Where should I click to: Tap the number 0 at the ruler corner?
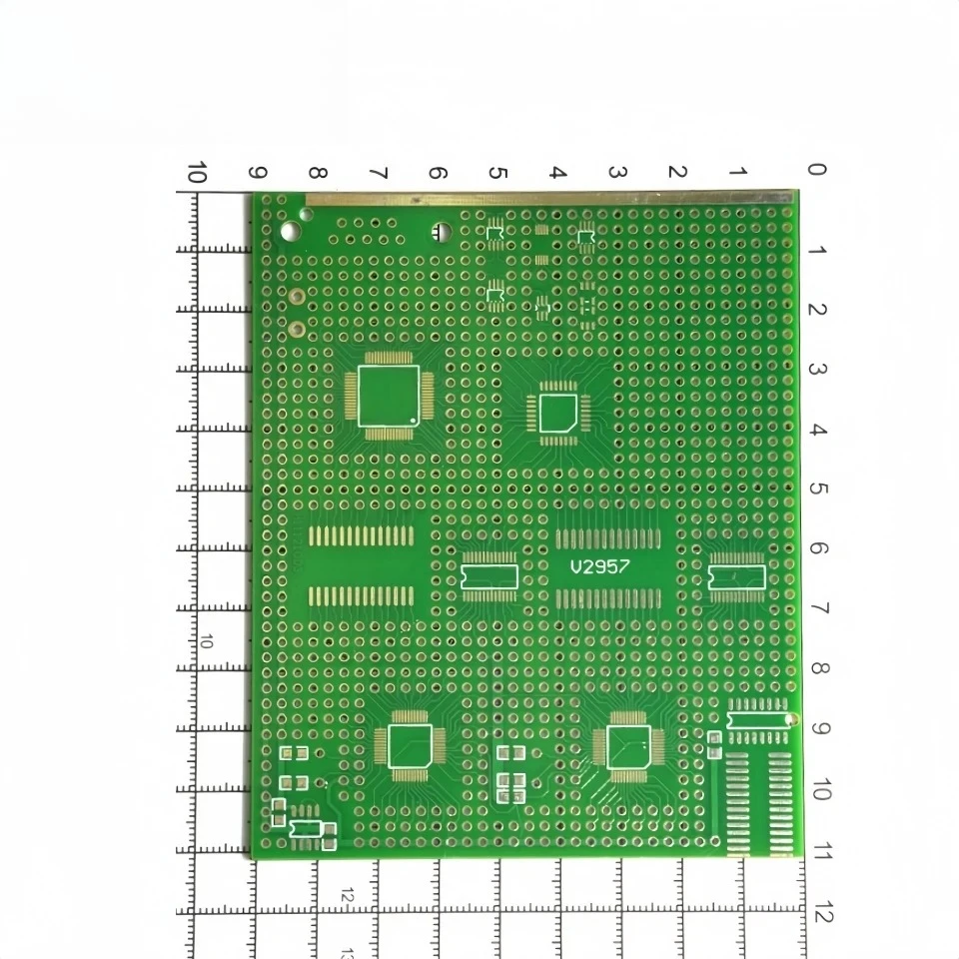point(816,171)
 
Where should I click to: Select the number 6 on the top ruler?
point(437,173)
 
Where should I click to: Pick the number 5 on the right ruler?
point(817,489)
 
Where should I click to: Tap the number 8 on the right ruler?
point(818,668)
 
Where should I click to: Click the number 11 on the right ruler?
point(820,852)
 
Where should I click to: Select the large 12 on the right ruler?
point(822,913)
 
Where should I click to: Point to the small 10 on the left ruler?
point(206,641)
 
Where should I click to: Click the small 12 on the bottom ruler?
point(346,896)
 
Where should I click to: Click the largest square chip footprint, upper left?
point(388,395)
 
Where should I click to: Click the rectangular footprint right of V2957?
point(736,577)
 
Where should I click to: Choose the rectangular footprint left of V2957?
point(489,576)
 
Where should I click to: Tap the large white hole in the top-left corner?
point(290,232)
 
